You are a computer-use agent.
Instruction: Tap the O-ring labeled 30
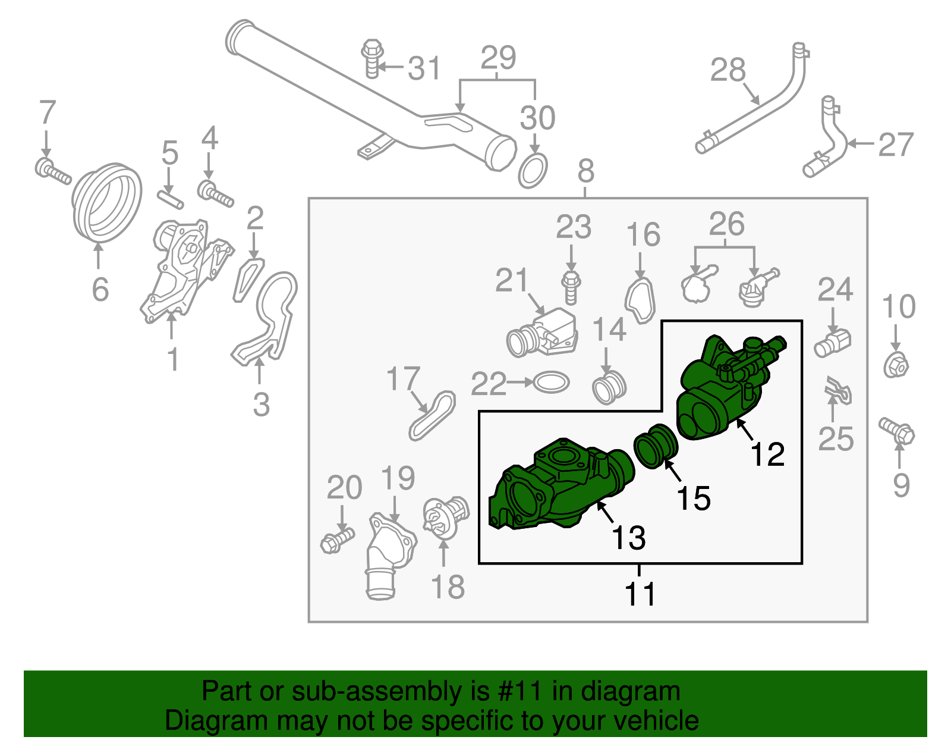tap(533, 171)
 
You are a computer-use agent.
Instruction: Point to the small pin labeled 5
tap(171, 198)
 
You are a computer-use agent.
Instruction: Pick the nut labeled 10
tap(896, 365)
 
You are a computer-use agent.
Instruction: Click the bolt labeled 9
tap(897, 431)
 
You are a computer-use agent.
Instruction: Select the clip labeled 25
tap(838, 391)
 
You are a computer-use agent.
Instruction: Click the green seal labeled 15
tap(656, 447)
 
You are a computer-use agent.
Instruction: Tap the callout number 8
tap(585, 171)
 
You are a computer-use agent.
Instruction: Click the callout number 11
tap(640, 594)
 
